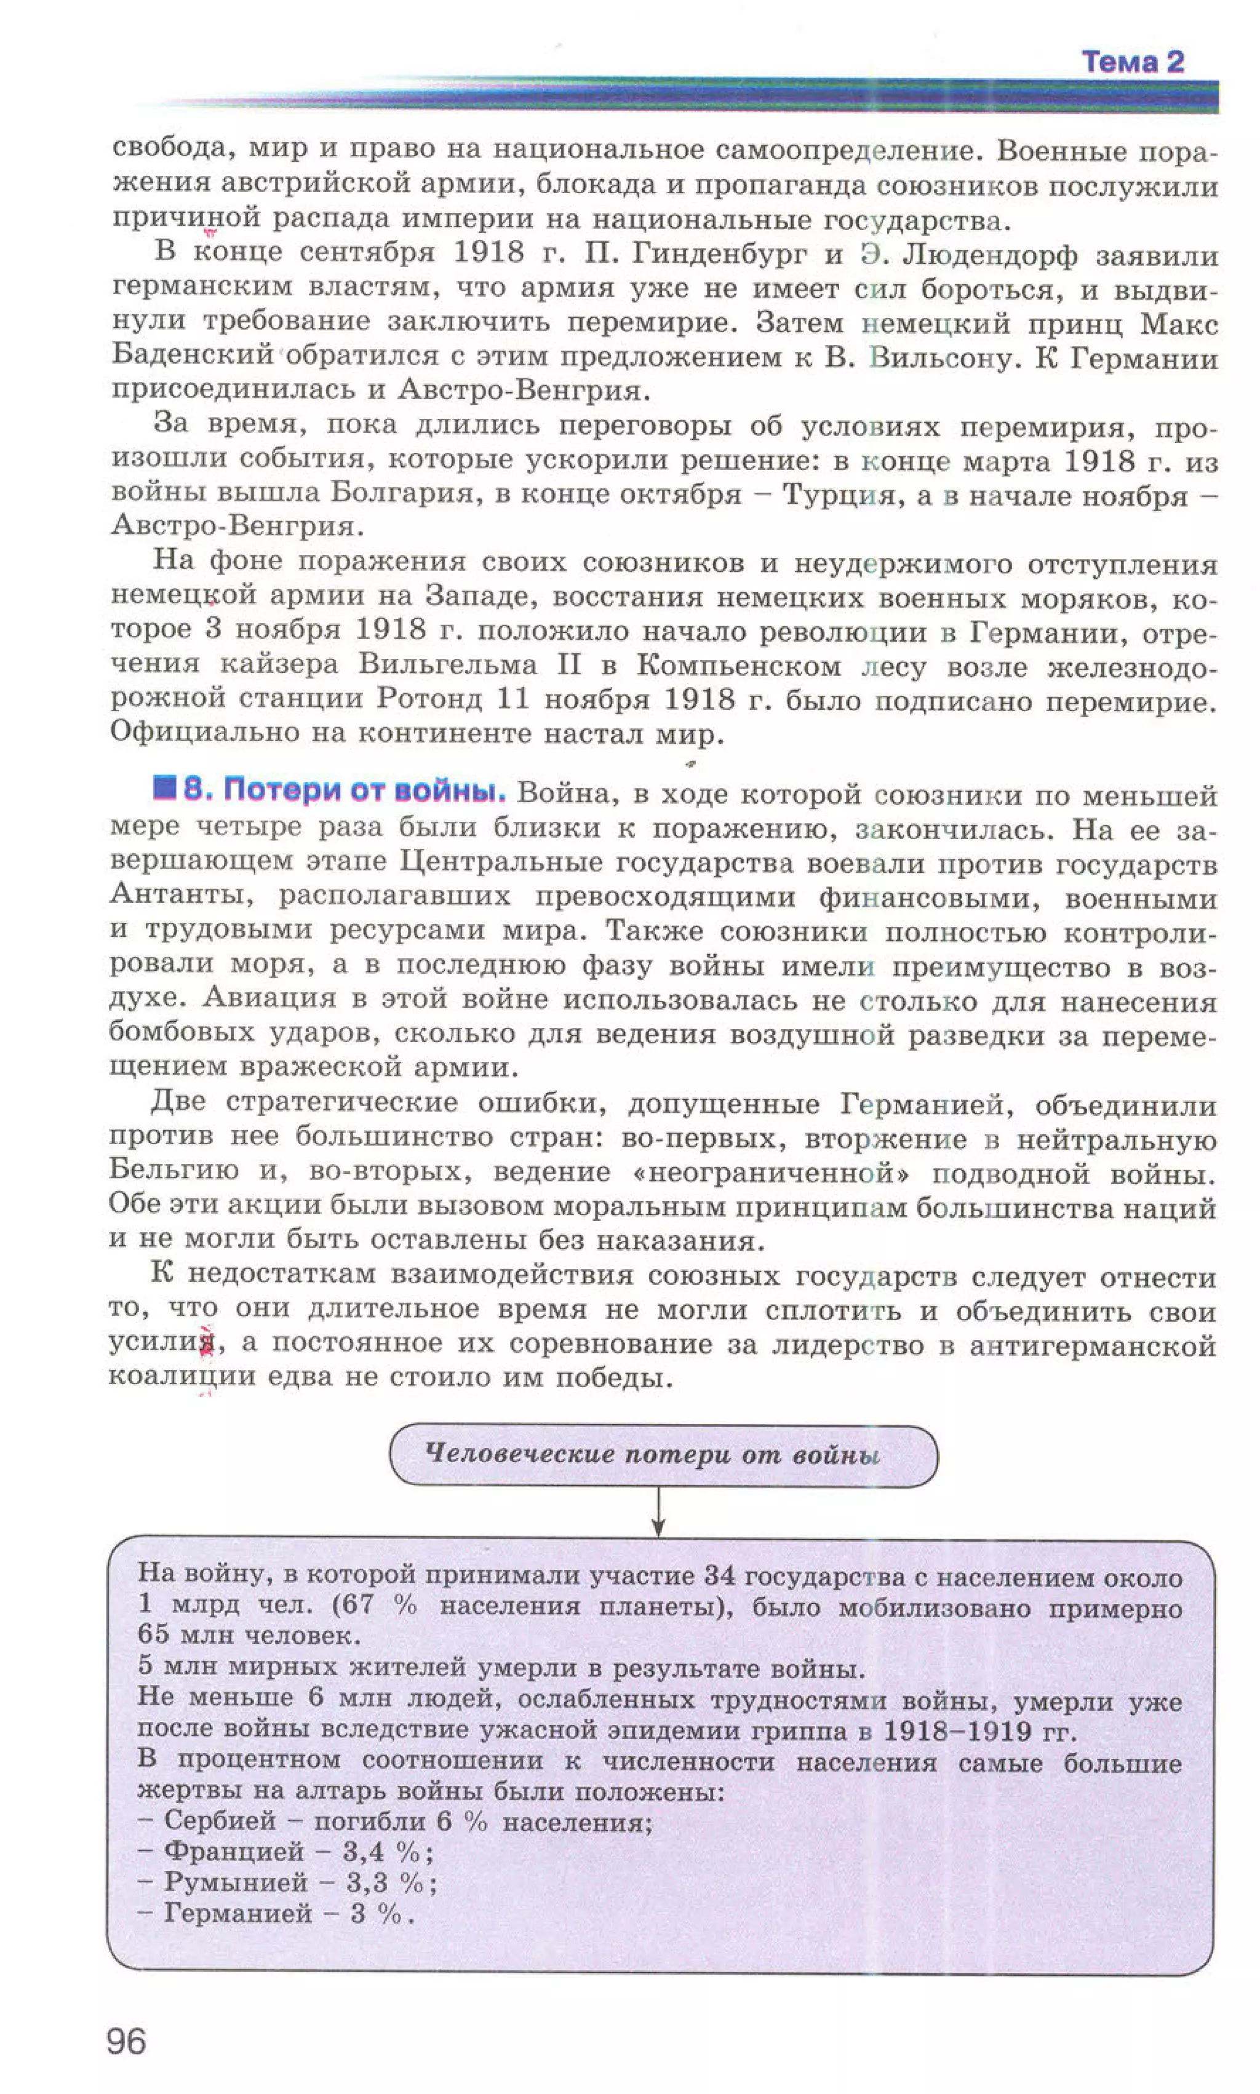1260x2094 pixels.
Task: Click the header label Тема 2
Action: click(x=1132, y=62)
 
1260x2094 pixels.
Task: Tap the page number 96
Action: click(x=127, y=2040)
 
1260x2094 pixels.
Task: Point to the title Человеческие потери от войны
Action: click(x=652, y=1454)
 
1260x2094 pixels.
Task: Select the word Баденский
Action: click(x=192, y=355)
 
